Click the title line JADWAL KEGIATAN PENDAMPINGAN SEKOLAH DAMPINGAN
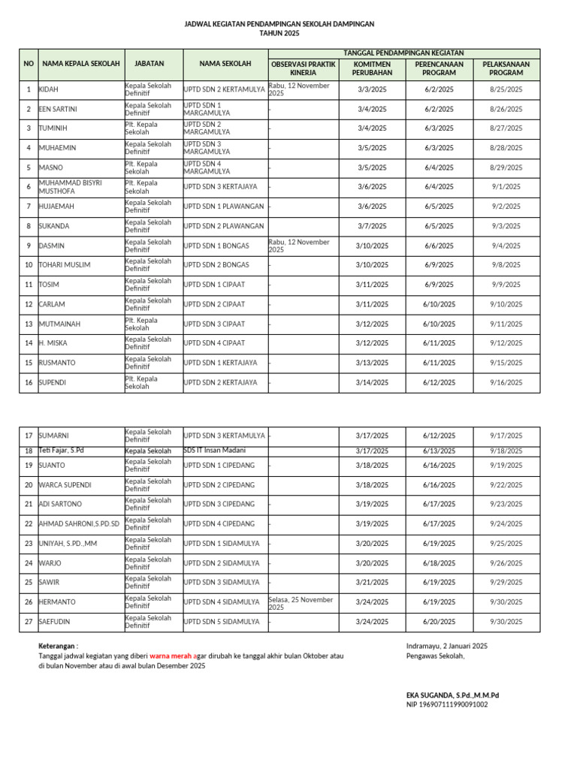tap(279, 25)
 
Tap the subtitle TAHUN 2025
tap(279, 34)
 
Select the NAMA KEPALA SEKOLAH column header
tap(81, 65)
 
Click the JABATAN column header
tap(153, 65)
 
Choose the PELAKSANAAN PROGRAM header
tap(506, 69)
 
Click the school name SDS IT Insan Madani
tap(214, 450)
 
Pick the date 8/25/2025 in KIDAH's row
tap(506, 89)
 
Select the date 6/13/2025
tap(439, 451)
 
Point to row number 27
tap(29, 622)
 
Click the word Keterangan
tap(57, 646)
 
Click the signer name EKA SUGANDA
tap(430, 695)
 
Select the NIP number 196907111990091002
tap(446, 704)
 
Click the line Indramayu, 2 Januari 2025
tap(446, 646)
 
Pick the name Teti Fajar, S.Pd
tap(62, 451)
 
